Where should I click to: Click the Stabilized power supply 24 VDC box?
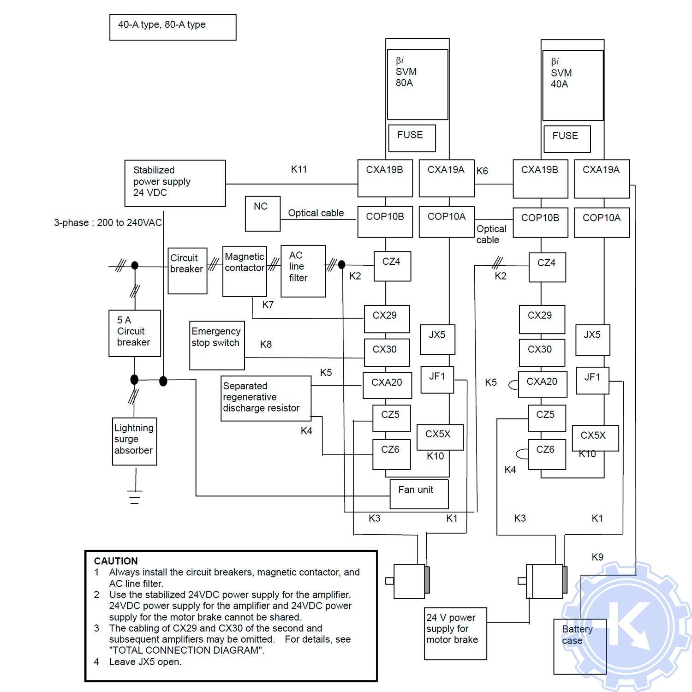pyautogui.click(x=175, y=183)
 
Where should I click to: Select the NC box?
pyautogui.click(x=262, y=214)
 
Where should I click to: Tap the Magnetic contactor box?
pyautogui.click(x=245, y=271)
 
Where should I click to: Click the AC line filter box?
pyautogui.click(x=303, y=271)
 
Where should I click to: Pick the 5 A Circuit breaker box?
pyautogui.click(x=134, y=333)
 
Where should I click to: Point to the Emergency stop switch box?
pyautogui.click(x=217, y=345)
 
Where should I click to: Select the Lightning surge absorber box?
pyautogui.click(x=135, y=441)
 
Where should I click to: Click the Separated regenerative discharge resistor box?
pyautogui.click(x=266, y=398)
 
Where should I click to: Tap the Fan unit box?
pyautogui.click(x=418, y=494)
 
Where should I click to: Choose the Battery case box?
pyautogui.click(x=579, y=646)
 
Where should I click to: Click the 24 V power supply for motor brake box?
pyautogui.click(x=455, y=633)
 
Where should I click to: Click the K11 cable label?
pyautogui.click(x=298, y=169)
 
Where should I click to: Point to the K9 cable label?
pyautogui.click(x=597, y=557)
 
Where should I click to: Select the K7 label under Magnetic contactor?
pyautogui.click(x=268, y=304)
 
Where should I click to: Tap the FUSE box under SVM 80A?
pyautogui.click(x=412, y=137)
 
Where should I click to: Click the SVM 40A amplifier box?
pyautogui.click(x=573, y=85)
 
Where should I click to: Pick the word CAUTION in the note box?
pyautogui.click(x=116, y=561)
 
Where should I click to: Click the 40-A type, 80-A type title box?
pyautogui.click(x=173, y=27)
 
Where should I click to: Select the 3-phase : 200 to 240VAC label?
pyautogui.click(x=108, y=223)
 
